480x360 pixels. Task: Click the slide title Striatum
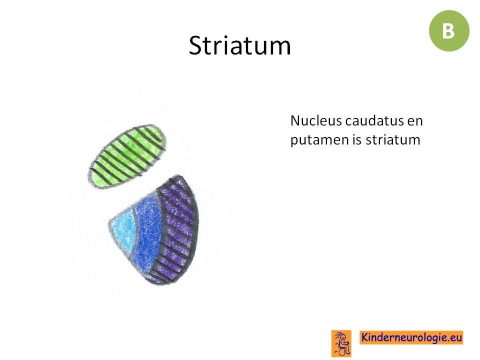239,45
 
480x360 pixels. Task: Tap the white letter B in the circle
448,31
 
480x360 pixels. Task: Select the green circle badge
449,30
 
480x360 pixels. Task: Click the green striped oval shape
127,156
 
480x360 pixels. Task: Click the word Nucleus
316,120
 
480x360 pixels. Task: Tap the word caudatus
374,120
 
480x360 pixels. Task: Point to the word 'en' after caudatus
415,122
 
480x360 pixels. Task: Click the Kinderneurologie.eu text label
411,337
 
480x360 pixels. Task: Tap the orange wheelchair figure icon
341,343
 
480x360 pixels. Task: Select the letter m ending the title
280,48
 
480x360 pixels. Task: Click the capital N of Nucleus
295,121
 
